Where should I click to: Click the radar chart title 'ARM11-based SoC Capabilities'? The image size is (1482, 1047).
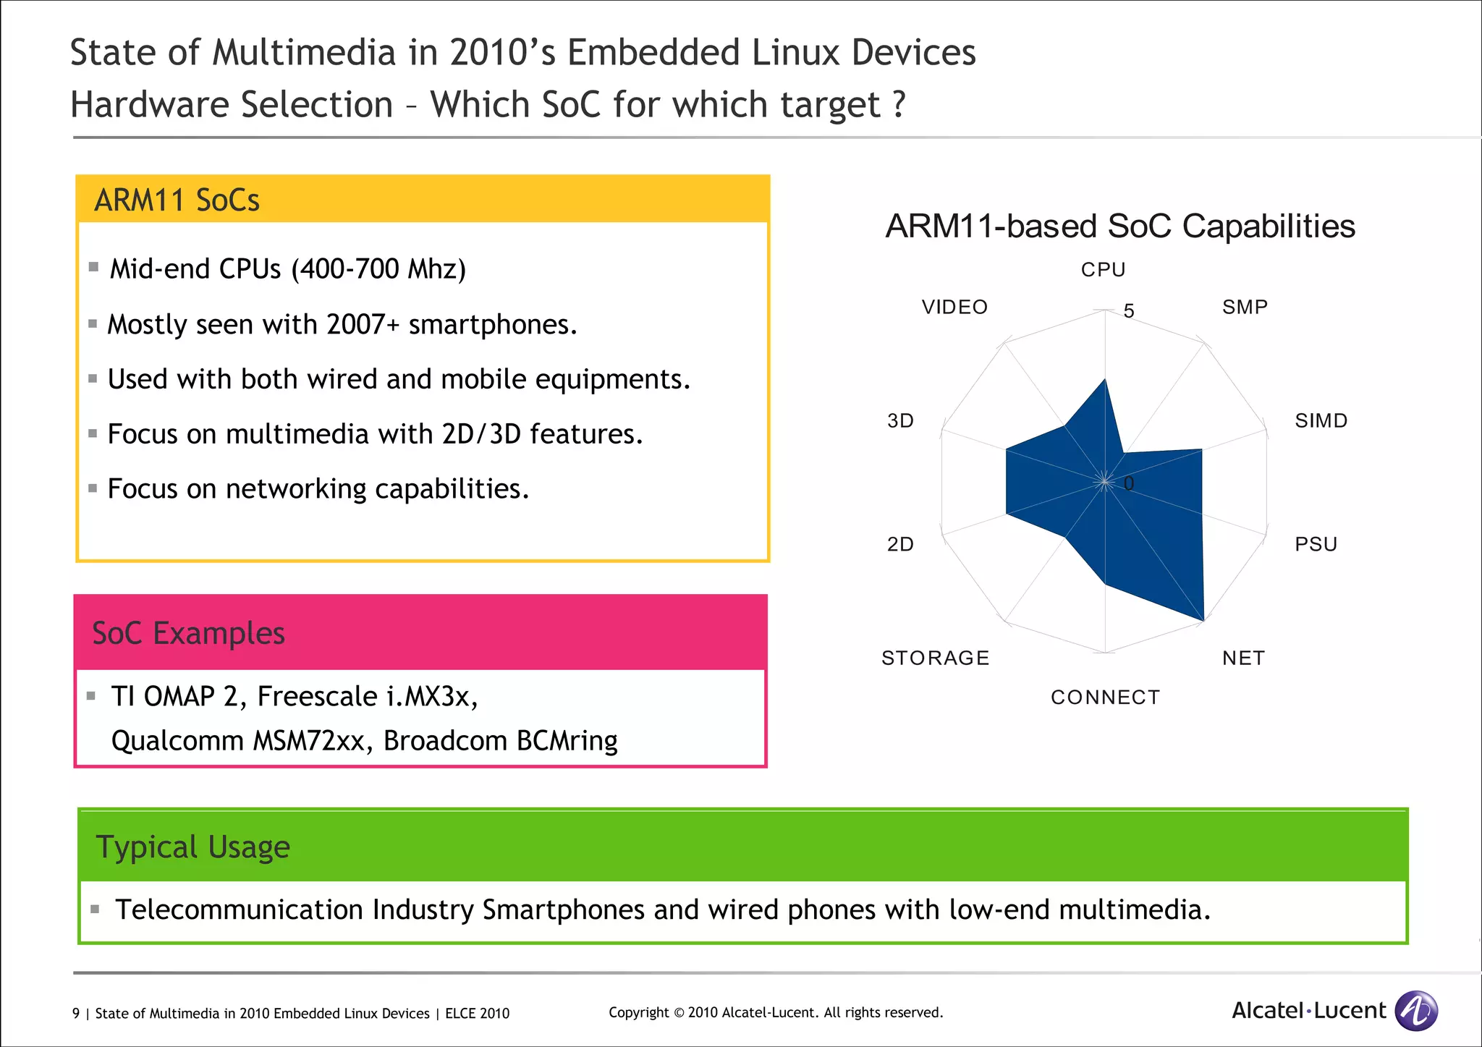(x=1119, y=226)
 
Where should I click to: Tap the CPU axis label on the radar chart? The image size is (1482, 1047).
(x=1103, y=270)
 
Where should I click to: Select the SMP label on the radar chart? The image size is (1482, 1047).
(x=1245, y=308)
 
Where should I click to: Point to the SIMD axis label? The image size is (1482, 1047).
(x=1321, y=421)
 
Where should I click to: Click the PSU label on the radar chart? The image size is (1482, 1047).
(x=1316, y=544)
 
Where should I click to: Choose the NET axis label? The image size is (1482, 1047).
(x=1243, y=658)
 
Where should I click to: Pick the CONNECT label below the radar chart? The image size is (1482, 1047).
(x=1105, y=698)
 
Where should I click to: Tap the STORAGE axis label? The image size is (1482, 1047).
(x=935, y=658)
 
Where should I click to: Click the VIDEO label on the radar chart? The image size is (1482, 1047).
(x=954, y=308)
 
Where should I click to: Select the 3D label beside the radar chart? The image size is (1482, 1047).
(x=900, y=421)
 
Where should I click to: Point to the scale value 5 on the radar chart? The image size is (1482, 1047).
(x=1128, y=311)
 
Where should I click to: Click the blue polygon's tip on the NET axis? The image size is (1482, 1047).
(x=1203, y=620)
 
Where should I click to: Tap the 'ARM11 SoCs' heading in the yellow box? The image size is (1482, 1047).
(x=177, y=200)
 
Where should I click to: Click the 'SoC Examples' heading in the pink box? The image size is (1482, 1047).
(x=188, y=633)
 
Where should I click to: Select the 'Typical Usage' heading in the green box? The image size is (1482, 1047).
(x=192, y=847)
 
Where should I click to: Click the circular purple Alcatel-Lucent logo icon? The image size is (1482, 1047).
(x=1415, y=1010)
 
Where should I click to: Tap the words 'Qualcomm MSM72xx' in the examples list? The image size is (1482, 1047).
(x=237, y=741)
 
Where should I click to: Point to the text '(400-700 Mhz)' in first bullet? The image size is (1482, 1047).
(x=378, y=269)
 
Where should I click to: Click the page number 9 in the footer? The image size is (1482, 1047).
(x=76, y=1014)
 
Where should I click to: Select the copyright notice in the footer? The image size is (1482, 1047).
(x=775, y=1013)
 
